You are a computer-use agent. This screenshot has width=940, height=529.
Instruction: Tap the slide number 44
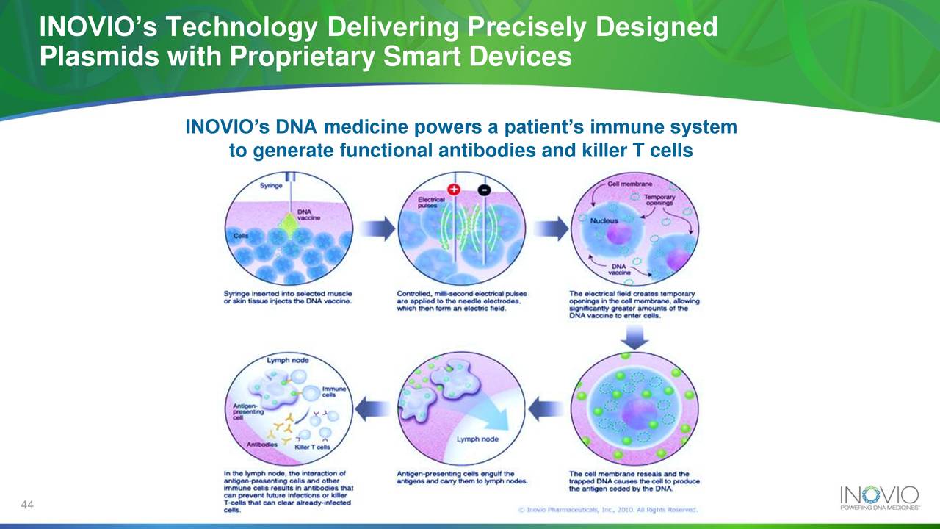coord(29,504)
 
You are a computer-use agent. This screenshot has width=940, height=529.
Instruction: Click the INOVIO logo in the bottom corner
coord(878,497)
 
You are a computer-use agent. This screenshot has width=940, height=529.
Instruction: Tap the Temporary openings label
coord(659,201)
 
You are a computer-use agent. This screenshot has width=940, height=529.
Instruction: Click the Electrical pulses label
coord(430,203)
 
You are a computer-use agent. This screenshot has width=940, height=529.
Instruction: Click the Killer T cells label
coord(312,447)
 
